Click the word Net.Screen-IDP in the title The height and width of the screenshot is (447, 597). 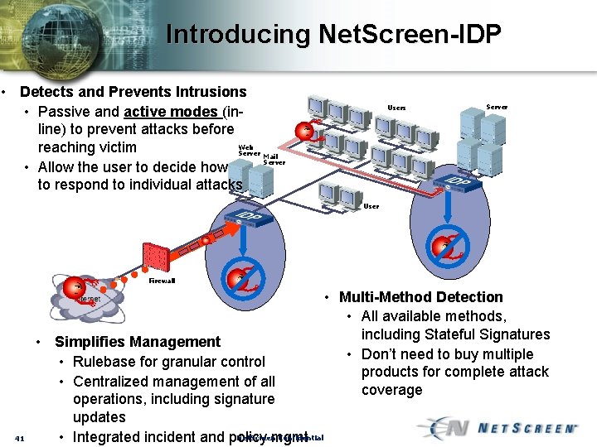pos(410,34)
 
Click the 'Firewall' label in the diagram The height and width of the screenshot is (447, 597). pos(162,281)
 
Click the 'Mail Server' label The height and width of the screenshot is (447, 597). pos(274,159)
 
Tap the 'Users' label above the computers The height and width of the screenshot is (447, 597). pos(397,108)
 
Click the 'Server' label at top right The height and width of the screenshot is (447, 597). pos(497,107)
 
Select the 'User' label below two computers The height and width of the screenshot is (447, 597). pos(371,206)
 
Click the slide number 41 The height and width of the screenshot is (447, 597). pos(23,438)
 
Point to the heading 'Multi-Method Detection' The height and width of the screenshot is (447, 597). pos(421,297)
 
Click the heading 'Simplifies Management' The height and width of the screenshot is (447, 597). pos(138,342)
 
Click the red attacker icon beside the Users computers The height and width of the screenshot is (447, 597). pos(306,132)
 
